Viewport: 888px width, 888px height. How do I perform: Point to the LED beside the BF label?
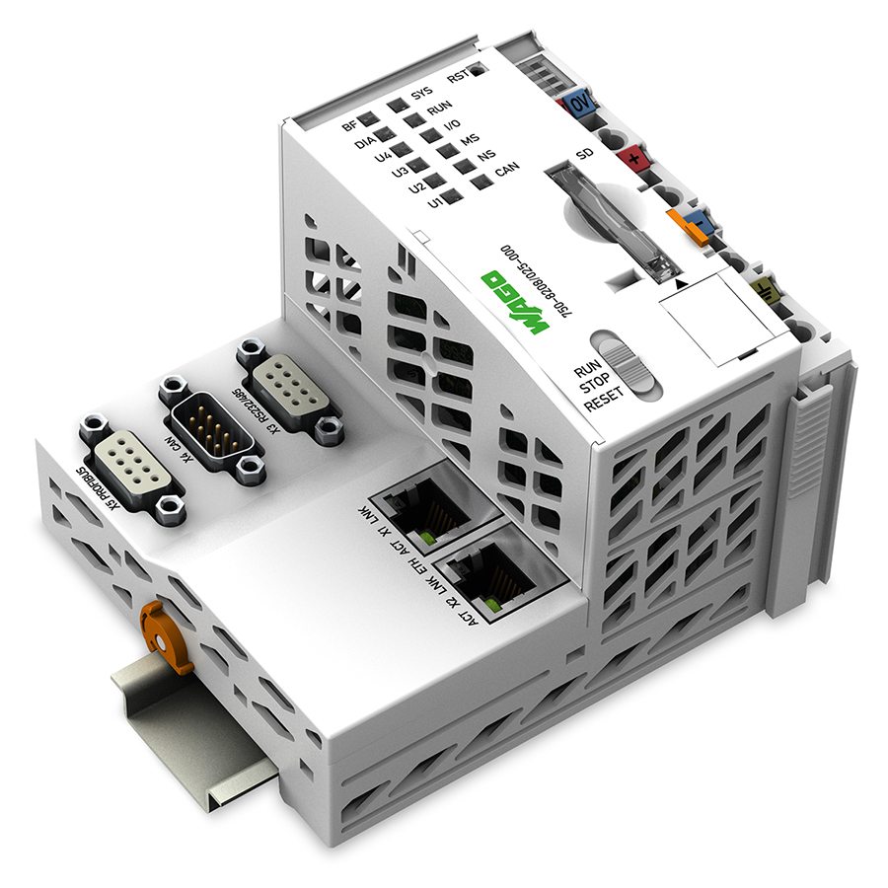tap(369, 121)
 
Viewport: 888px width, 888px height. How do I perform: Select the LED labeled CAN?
tap(481, 181)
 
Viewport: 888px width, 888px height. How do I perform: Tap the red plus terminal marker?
tap(628, 156)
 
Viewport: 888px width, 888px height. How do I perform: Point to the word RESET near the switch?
tap(604, 403)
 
